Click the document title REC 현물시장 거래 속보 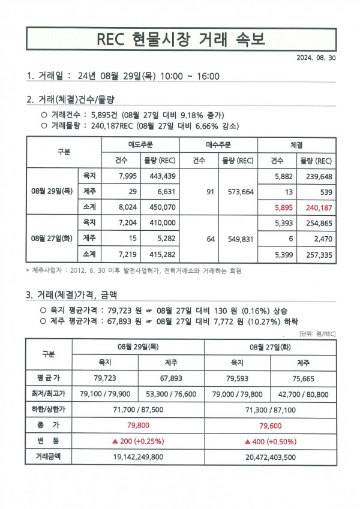pyautogui.click(x=180, y=40)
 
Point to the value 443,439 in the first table pyautogui.click(x=160, y=176)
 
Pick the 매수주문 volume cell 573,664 pyautogui.click(x=238, y=191)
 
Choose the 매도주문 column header pyautogui.click(x=141, y=145)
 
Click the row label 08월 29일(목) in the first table pyautogui.click(x=52, y=191)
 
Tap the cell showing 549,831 pyautogui.click(x=238, y=238)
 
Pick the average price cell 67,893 pyautogui.click(x=171, y=378)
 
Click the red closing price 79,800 pyautogui.click(x=138, y=425)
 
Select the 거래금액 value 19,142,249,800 pyautogui.click(x=138, y=456)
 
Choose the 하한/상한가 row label pyautogui.click(x=47, y=409)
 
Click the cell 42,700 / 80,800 pyautogui.click(x=304, y=394)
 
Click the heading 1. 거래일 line pyautogui.click(x=123, y=76)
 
